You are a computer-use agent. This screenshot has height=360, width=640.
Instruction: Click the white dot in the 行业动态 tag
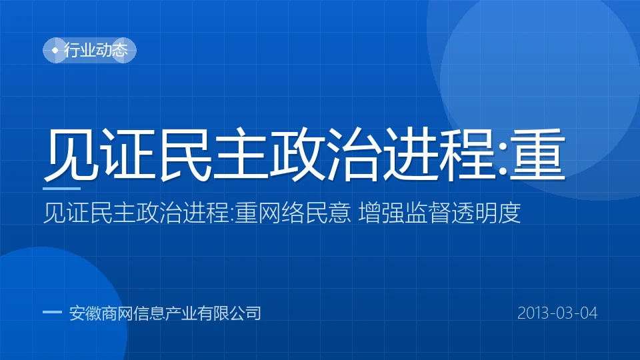point(55,50)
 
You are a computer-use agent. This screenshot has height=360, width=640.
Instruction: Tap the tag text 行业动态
point(96,50)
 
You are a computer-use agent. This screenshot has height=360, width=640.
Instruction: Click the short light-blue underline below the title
point(61,189)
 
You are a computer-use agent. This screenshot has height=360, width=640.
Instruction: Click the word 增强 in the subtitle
point(381,213)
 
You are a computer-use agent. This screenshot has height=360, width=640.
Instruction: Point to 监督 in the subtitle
point(427,213)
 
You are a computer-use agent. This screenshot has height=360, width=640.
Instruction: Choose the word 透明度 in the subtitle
point(486,213)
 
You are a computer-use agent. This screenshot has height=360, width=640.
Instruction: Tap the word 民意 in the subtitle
point(327,213)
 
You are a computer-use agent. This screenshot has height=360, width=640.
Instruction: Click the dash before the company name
point(52,312)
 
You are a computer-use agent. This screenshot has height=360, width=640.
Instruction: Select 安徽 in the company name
point(85,313)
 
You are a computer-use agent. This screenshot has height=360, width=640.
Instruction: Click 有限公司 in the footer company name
point(229,313)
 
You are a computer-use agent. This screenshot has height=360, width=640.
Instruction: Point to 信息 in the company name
point(149,313)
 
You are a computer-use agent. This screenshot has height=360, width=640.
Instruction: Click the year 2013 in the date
point(534,313)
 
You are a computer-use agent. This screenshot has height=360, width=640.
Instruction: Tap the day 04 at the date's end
point(589,313)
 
